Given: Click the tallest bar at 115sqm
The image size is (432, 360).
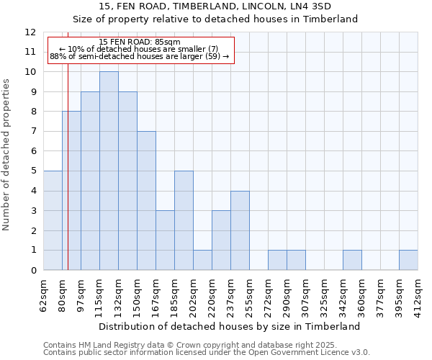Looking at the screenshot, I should (109, 171).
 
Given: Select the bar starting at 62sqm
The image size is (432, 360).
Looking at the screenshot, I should (53, 220).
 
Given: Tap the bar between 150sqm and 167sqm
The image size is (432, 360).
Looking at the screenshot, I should (146, 200).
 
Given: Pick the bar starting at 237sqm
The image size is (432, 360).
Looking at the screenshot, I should (240, 230).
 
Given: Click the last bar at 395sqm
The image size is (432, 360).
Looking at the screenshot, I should (408, 260).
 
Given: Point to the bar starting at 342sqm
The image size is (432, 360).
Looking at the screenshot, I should (352, 260).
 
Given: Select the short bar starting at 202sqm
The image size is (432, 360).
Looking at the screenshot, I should (202, 260).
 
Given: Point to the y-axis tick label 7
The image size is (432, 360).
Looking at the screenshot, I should (32, 132).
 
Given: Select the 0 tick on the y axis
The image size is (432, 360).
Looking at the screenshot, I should (32, 271).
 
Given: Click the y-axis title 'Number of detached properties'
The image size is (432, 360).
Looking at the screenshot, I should (7, 155).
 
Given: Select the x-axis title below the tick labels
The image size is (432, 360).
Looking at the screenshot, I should (230, 326).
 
